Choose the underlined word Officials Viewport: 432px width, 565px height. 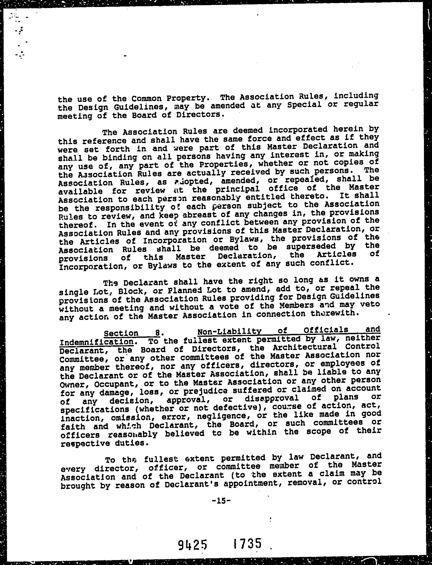(x=326, y=330)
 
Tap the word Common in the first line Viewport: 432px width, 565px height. (x=145, y=98)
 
